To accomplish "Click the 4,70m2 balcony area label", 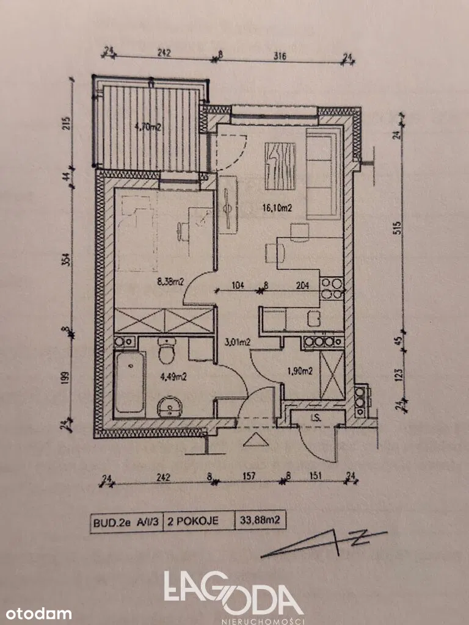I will [x=147, y=128].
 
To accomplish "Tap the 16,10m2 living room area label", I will [x=277, y=208].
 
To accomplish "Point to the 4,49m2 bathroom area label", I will [x=172, y=376].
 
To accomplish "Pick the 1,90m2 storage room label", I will [x=299, y=370].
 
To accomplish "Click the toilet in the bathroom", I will [x=166, y=352].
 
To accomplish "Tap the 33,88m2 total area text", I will [x=260, y=522].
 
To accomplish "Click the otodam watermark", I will [x=36, y=613].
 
